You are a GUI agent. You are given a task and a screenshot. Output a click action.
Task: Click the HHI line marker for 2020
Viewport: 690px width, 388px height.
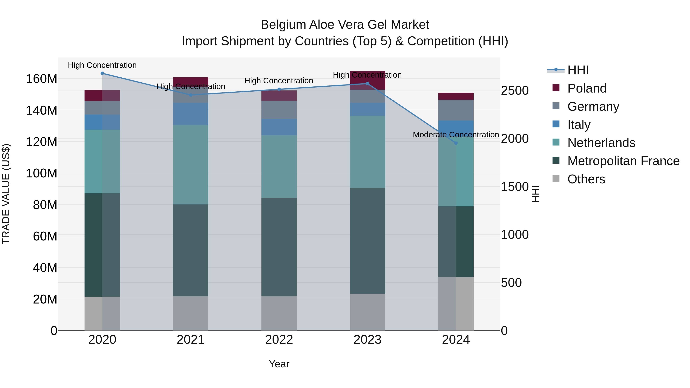(102, 73)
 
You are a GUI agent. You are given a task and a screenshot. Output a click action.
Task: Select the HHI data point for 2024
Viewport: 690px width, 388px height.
(456, 143)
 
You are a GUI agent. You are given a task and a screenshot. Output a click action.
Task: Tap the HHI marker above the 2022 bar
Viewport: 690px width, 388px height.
(279, 89)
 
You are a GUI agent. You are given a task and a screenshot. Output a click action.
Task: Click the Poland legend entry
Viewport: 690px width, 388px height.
(587, 88)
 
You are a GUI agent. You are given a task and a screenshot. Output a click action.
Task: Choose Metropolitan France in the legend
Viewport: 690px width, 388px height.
(623, 161)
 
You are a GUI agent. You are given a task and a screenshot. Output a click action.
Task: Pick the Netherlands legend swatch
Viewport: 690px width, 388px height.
(556, 142)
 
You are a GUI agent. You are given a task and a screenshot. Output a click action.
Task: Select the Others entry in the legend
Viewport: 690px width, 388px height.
(586, 179)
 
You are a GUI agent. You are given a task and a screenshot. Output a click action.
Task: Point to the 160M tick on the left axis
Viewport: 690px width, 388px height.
(42, 79)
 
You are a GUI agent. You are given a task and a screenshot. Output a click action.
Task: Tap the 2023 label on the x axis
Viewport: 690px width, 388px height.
(367, 340)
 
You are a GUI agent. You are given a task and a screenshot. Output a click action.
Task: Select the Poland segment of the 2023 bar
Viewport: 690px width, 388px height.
(367, 80)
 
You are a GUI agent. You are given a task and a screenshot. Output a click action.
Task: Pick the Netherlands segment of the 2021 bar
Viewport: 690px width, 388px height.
(191, 165)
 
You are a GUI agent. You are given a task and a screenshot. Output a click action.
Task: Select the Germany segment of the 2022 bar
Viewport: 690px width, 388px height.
(279, 110)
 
